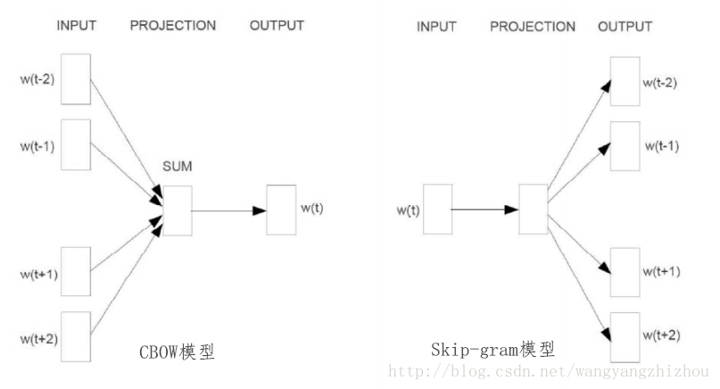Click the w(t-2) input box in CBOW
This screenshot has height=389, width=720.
click(x=75, y=79)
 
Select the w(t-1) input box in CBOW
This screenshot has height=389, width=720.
click(x=75, y=144)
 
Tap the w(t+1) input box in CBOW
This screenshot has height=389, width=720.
click(x=75, y=271)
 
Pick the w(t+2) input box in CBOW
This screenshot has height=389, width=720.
click(x=75, y=336)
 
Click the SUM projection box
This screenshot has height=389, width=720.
click(x=177, y=211)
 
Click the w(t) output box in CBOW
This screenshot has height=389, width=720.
click(x=280, y=211)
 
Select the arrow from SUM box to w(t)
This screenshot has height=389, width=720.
click(x=228, y=211)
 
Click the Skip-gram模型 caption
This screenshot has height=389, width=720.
click(x=487, y=348)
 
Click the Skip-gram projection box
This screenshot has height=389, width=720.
click(x=533, y=210)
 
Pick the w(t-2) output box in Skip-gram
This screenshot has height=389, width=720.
click(x=624, y=81)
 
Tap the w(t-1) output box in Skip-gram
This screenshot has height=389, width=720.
click(x=624, y=145)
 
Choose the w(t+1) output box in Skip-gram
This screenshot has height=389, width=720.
click(x=624, y=271)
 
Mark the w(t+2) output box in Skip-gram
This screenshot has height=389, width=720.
click(x=624, y=335)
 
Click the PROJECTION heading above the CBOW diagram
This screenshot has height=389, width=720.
click(x=173, y=26)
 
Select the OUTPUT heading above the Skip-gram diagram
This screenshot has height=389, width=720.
click(x=625, y=27)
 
